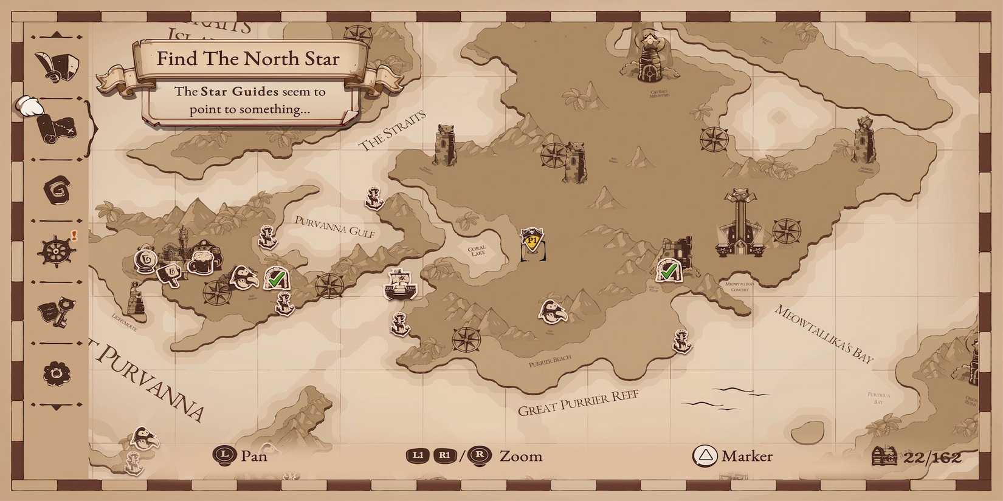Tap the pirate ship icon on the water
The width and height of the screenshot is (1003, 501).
pyautogui.click(x=400, y=284)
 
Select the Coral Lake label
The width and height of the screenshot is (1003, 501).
pyautogui.click(x=477, y=251)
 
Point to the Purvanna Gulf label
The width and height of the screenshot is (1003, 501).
pyautogui.click(x=334, y=227)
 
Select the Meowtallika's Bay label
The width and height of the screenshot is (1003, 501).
pyautogui.click(x=824, y=335)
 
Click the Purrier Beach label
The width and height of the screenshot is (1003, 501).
pyautogui.click(x=550, y=362)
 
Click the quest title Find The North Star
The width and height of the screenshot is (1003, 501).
pyautogui.click(x=248, y=59)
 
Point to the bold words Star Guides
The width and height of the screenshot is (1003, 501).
pyautogui.click(x=240, y=92)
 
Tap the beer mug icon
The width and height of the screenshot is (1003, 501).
pyautogui.click(x=200, y=261)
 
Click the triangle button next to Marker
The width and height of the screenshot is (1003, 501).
pyautogui.click(x=705, y=456)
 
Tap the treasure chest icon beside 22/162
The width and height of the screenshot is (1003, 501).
pyautogui.click(x=884, y=457)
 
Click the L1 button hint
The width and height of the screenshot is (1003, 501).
pyautogui.click(x=418, y=456)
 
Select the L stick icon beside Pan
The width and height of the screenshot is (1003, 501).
pyautogui.click(x=225, y=455)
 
